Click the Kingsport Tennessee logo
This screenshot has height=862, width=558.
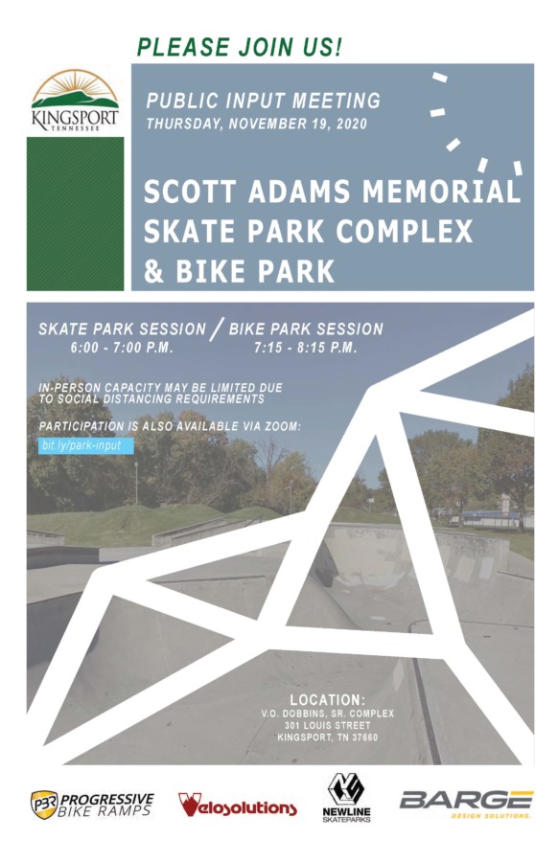75,100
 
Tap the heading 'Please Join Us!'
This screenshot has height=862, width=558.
240,47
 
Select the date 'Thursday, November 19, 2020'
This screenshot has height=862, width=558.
256,124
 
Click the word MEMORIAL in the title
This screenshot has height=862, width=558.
441,192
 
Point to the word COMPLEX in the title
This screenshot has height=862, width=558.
405,231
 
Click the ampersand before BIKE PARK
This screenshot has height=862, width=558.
153,271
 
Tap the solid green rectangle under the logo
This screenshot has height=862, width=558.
75,214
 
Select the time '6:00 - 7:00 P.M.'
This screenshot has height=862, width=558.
122,348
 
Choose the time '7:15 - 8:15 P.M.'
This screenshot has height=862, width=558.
306,348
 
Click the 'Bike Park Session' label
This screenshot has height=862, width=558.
306,329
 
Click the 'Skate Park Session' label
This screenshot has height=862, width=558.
122,329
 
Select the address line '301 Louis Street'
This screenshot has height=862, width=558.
328,726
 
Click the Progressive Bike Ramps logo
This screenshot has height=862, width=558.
92,805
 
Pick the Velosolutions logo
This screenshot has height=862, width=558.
237,805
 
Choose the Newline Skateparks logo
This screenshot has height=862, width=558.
346,798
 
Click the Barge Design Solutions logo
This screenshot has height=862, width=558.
466,804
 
